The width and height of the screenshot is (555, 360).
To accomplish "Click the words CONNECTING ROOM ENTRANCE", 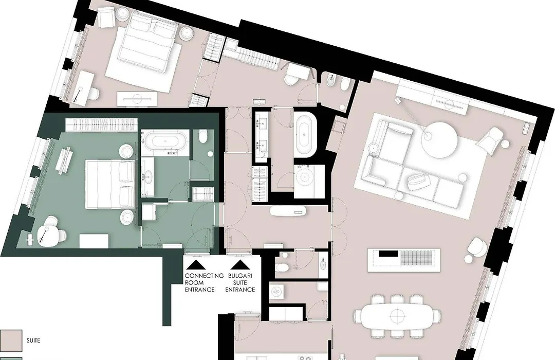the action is (x=204, y=282).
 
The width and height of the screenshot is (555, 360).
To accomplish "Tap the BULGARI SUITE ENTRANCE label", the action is (x=240, y=282).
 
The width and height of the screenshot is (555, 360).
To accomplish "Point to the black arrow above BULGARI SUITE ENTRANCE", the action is (x=240, y=264).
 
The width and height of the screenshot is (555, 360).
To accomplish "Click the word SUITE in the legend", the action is (x=33, y=340).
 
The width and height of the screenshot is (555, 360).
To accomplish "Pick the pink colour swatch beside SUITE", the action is (x=11, y=340).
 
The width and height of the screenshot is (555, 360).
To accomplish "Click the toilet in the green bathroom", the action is (x=203, y=137).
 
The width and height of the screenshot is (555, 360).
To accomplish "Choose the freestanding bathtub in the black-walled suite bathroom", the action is (x=305, y=134).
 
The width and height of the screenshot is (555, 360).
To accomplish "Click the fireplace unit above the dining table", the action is (x=403, y=260).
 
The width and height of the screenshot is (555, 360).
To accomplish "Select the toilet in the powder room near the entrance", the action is (x=282, y=267).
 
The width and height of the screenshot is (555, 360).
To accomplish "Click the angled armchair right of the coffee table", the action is (x=490, y=140).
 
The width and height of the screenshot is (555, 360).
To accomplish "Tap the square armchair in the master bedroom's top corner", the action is (x=106, y=17).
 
